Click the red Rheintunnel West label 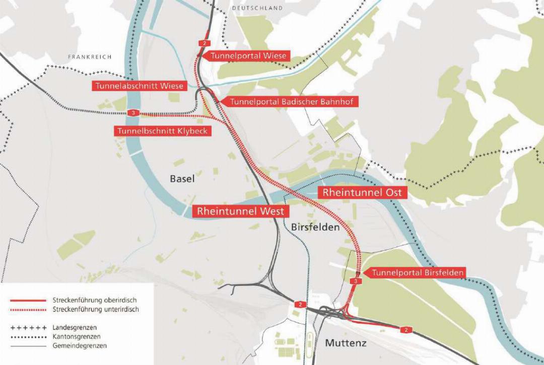tap(241, 211)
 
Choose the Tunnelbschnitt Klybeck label tap(162, 131)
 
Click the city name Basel tap(182, 179)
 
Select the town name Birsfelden tap(315, 228)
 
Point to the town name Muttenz tap(346, 343)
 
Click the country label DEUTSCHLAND tap(257, 9)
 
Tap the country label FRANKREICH tap(90, 57)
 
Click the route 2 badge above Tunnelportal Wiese tap(203, 43)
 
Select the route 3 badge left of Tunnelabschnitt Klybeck tap(133, 113)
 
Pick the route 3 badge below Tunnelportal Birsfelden tap(356, 281)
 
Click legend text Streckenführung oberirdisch tap(94, 300)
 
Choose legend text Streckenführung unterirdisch tap(95, 309)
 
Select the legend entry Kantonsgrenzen tap(76, 336)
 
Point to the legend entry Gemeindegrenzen tap(79, 345)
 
